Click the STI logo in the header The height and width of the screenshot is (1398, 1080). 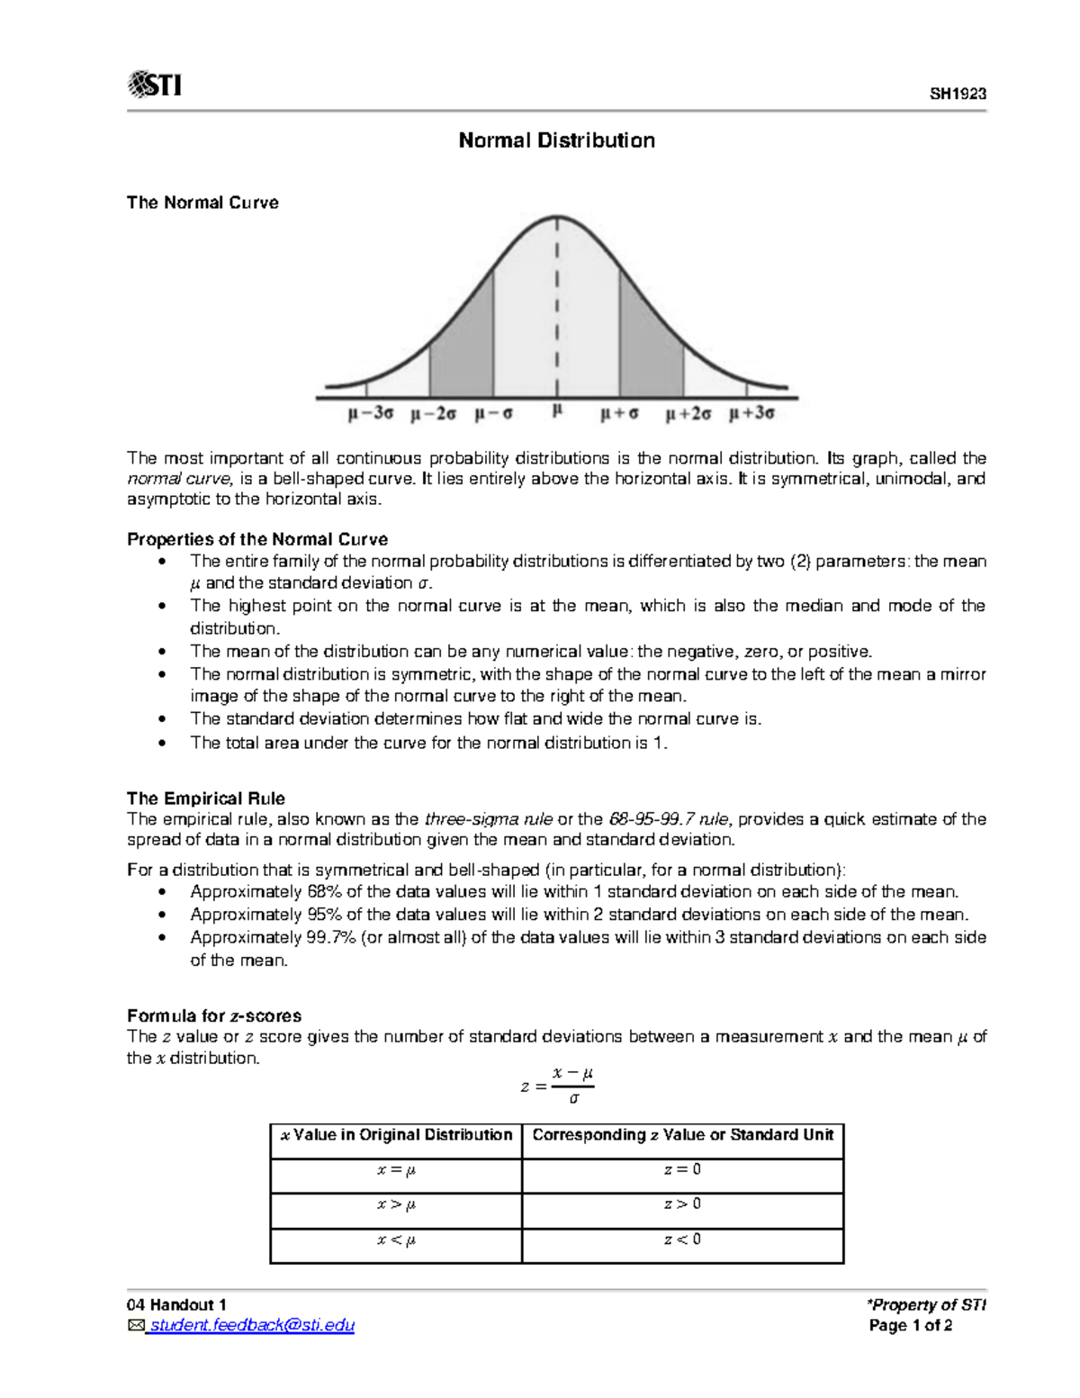[x=155, y=85]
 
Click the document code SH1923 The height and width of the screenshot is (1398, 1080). [x=958, y=95]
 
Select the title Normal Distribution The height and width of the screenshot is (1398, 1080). [x=556, y=140]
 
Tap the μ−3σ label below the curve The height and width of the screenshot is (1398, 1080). [x=370, y=414]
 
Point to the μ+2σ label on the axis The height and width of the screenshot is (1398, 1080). [x=688, y=414]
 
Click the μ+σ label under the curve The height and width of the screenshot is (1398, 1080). [x=619, y=414]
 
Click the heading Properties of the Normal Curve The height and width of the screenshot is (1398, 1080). [x=256, y=539]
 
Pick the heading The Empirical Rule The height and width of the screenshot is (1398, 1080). [x=205, y=798]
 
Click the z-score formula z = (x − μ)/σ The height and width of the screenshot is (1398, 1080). [x=557, y=1086]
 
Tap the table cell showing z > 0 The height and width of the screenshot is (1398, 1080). [x=682, y=1204]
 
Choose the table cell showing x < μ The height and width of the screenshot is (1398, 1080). [x=396, y=1240]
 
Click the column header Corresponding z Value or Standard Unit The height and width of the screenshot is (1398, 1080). [x=682, y=1135]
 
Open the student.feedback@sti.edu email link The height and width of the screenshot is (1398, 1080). [x=251, y=1325]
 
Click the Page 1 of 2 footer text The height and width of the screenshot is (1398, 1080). [x=910, y=1325]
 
